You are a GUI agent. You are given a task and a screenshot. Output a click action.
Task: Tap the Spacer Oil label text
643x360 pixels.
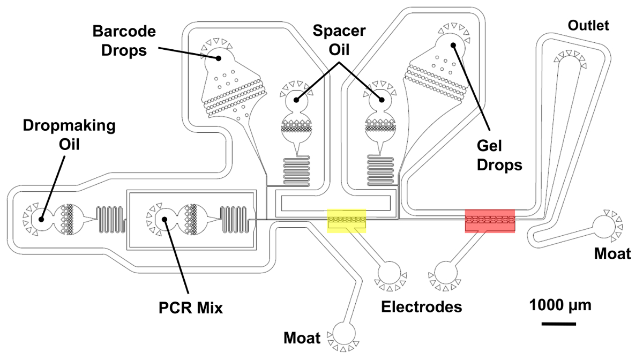pyautogui.click(x=339, y=40)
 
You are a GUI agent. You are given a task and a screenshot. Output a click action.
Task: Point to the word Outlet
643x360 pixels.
pyautogui.click(x=589, y=26)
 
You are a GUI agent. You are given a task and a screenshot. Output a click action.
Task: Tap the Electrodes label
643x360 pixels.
pyautogui.click(x=422, y=306)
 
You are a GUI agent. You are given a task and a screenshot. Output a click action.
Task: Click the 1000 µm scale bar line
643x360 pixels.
pyautogui.click(x=558, y=324)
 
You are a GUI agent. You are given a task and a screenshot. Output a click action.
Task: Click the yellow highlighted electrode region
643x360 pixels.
pyautogui.click(x=347, y=221)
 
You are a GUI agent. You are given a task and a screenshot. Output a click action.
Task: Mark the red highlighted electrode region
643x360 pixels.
pyautogui.click(x=490, y=221)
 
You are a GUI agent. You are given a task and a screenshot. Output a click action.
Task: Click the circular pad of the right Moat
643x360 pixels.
pyautogui.click(x=605, y=224)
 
